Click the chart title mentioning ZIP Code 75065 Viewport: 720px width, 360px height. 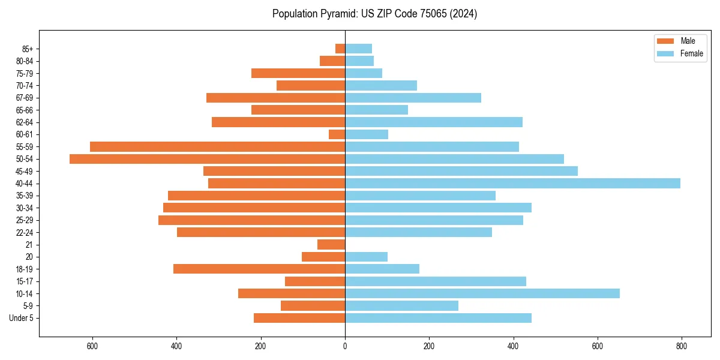(374, 14)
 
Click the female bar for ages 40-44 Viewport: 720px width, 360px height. (512, 183)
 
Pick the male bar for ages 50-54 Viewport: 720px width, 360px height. (207, 159)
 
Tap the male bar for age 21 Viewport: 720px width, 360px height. (331, 244)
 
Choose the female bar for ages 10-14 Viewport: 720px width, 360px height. (482, 293)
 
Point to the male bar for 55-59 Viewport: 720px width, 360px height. (217, 146)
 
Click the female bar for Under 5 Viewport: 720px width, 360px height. (438, 318)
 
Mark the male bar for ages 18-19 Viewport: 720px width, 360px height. (259, 269)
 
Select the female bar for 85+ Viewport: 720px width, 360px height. (358, 49)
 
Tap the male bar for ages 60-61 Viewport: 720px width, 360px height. (337, 134)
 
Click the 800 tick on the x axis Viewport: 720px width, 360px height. (681, 346)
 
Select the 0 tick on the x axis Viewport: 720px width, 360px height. (345, 346)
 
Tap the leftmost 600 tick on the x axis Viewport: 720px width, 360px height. (92, 346)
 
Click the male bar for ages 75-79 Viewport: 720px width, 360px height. (298, 73)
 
